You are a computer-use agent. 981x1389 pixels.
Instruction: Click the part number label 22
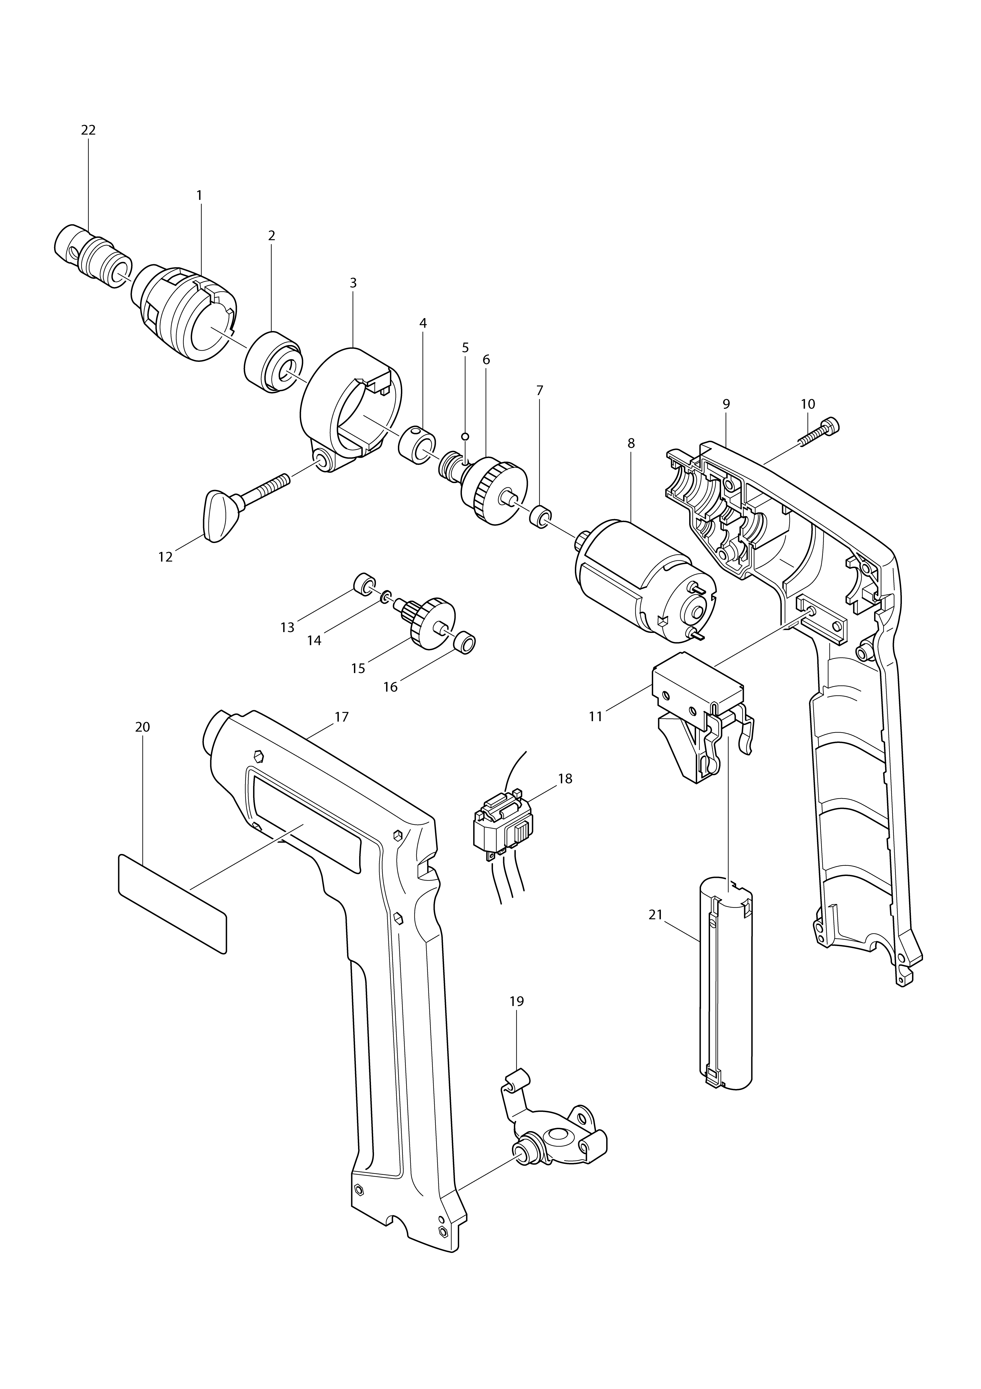[x=88, y=130]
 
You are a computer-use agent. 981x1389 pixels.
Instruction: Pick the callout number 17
[x=342, y=717]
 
